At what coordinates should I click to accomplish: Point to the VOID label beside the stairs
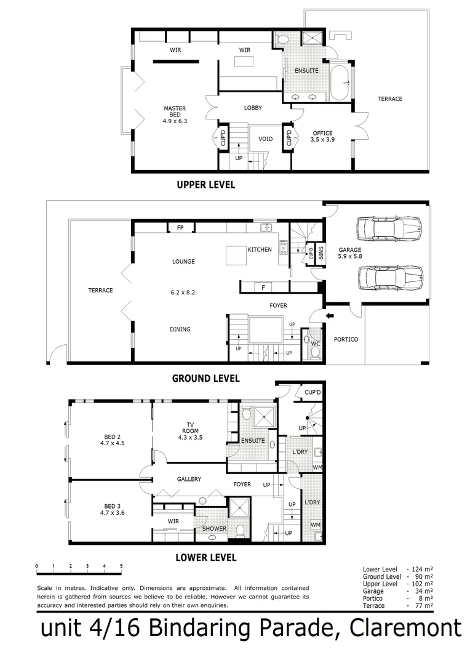coord(265,139)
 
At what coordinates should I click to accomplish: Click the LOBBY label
coord(253,108)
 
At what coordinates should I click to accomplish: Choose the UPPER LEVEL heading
coord(205,185)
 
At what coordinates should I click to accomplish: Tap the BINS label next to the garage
coord(321,253)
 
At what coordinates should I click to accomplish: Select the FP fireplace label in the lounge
coord(180,228)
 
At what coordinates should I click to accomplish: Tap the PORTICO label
coord(346,339)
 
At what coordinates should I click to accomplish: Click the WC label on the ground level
coord(314,344)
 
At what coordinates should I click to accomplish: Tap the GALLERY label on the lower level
coord(189,479)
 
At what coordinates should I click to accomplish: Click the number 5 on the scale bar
coord(121,565)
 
